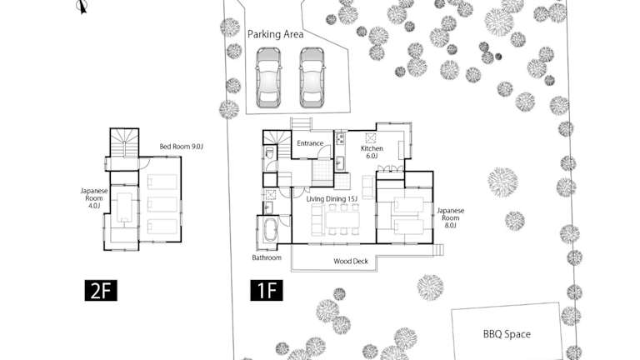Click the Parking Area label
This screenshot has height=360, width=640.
point(276,34)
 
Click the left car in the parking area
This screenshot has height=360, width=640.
point(268,77)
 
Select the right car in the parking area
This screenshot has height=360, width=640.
point(312,77)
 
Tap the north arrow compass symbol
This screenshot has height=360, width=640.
point(82,6)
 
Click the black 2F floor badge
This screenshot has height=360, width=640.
point(101,291)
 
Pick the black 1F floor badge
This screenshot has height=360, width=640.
point(267,291)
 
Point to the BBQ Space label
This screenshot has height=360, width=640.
point(507,334)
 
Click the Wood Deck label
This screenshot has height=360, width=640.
point(351,261)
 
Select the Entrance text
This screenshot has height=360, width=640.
point(310,143)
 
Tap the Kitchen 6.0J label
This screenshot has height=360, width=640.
point(372,152)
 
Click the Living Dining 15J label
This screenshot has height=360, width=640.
point(332,199)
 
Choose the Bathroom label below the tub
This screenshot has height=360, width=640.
point(267,257)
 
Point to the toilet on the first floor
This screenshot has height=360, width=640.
point(269,154)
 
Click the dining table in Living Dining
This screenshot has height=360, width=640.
point(342,220)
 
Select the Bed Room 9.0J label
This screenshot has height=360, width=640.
point(181,146)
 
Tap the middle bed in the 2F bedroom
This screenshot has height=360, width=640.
point(162,204)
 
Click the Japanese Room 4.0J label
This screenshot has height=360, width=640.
point(94,198)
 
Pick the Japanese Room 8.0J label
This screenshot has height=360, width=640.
point(450,218)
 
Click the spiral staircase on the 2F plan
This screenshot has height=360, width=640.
point(124,142)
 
